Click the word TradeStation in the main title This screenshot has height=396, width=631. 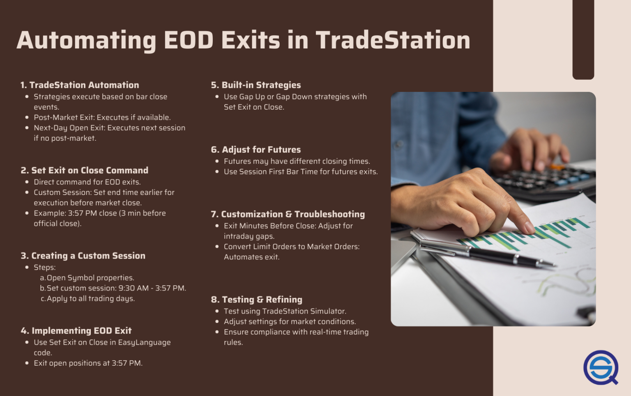pos(393,40)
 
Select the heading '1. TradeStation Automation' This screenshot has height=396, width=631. pos(80,85)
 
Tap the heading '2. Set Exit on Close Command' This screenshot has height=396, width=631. pos(84,170)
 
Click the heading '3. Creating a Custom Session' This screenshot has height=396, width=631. pos(83,256)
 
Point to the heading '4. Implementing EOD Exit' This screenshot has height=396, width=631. pos(76,331)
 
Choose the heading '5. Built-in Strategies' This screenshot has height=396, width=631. pos(256,85)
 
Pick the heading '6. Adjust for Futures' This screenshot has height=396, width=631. pos(256,150)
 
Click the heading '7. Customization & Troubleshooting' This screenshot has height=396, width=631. pos(288,214)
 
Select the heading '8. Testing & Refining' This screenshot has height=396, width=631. pos(256,300)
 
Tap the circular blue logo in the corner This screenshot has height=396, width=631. pos(601,367)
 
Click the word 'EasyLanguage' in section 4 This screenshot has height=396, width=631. pos(144,342)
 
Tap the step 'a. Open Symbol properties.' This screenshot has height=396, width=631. pos(87,278)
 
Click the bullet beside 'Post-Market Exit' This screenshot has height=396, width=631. pos(27,117)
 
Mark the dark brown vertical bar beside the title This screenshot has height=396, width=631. pos(583,39)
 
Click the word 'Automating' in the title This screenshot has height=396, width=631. pos(86,40)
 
